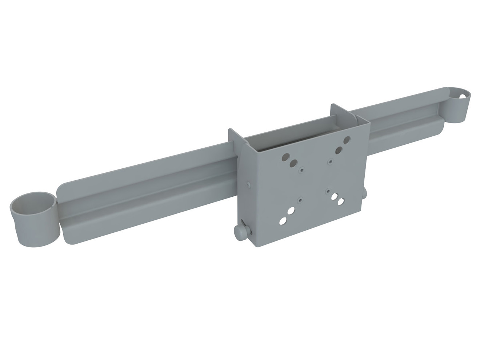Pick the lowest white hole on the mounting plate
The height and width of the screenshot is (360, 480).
point(282,220)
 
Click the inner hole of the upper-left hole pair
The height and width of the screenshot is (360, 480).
point(292,163)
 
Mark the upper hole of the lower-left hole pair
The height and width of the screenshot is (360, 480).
point(291,211)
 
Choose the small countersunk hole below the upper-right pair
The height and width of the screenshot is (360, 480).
point(330,161)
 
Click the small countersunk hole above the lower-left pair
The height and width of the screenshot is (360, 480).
point(300,200)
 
